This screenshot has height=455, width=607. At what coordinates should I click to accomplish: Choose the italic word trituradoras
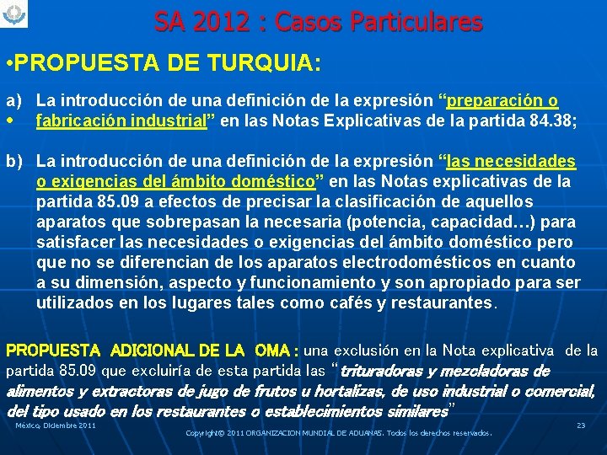click(387, 372)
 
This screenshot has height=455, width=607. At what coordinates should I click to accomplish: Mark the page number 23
click(581, 426)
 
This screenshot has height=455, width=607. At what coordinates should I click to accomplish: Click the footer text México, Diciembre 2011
click(56, 426)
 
